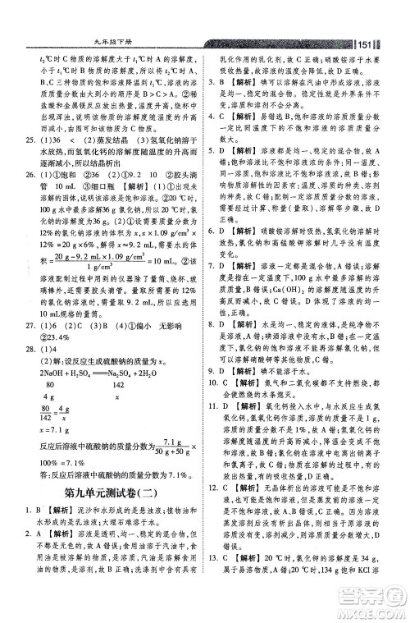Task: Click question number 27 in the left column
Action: point(33,346)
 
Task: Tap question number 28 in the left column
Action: point(33,369)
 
